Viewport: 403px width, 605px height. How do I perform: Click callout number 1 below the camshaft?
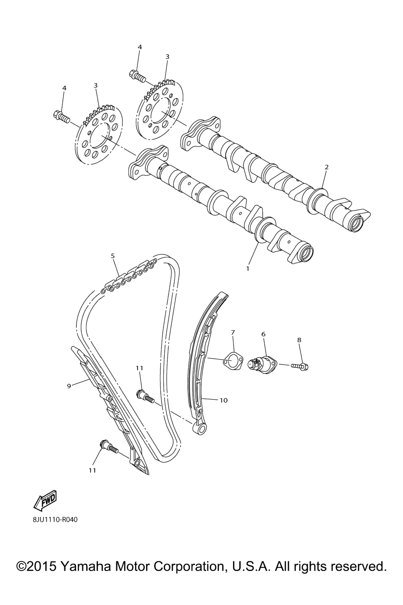(x=248, y=269)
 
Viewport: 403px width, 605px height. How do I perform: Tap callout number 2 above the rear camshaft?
(x=327, y=167)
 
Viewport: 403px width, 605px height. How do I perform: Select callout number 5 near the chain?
(x=113, y=255)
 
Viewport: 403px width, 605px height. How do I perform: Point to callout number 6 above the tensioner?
(x=263, y=334)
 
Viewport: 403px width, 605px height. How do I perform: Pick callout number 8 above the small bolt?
(x=299, y=340)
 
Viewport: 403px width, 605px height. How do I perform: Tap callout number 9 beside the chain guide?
(x=69, y=386)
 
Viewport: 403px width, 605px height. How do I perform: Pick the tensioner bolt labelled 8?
(x=300, y=366)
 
